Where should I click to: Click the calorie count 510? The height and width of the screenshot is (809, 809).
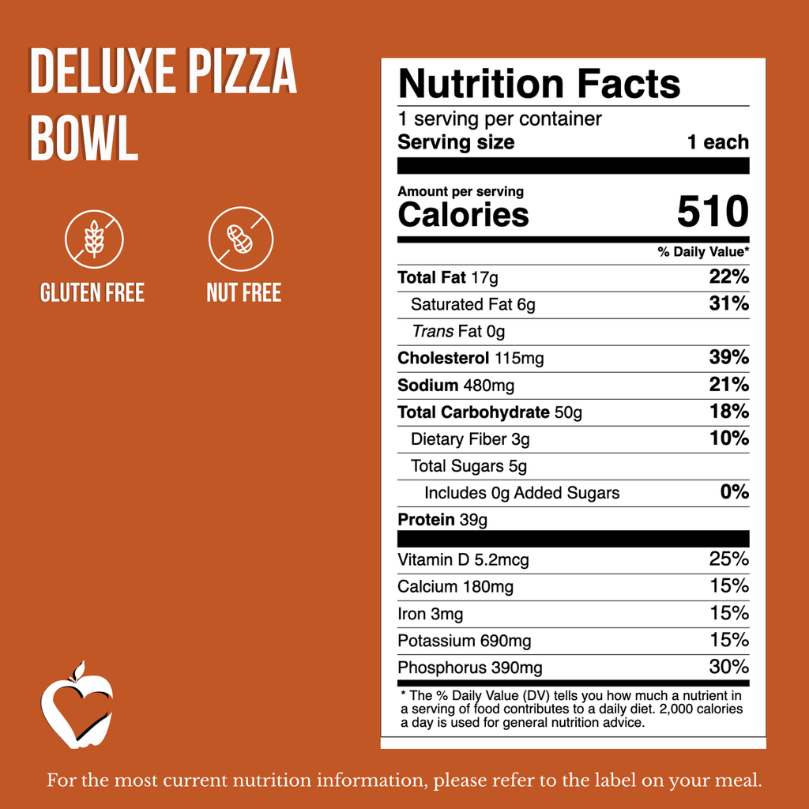[712, 213]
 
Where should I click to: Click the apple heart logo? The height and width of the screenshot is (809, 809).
[77, 706]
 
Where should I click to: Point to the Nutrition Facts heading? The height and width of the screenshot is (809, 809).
[539, 84]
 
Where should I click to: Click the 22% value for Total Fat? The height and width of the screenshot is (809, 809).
[729, 277]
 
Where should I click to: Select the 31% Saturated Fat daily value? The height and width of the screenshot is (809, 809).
[729, 304]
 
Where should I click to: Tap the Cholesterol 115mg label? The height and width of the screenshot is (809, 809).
[470, 358]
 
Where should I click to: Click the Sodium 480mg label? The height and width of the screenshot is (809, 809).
[456, 385]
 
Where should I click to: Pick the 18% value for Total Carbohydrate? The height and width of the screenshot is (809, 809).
[729, 412]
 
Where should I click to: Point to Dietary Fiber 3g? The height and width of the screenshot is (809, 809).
[470, 438]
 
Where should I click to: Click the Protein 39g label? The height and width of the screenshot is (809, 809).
[442, 519]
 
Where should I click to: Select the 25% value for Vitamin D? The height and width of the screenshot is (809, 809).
[728, 559]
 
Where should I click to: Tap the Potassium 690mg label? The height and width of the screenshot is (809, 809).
[464, 640]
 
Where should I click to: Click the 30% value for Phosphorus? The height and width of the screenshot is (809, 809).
[728, 667]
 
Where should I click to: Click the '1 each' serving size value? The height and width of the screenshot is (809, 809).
[717, 142]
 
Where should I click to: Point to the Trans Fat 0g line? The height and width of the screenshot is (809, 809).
[458, 331]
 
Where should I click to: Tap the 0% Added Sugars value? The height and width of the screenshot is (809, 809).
[734, 492]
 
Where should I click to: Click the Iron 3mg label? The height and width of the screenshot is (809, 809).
[430, 613]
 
